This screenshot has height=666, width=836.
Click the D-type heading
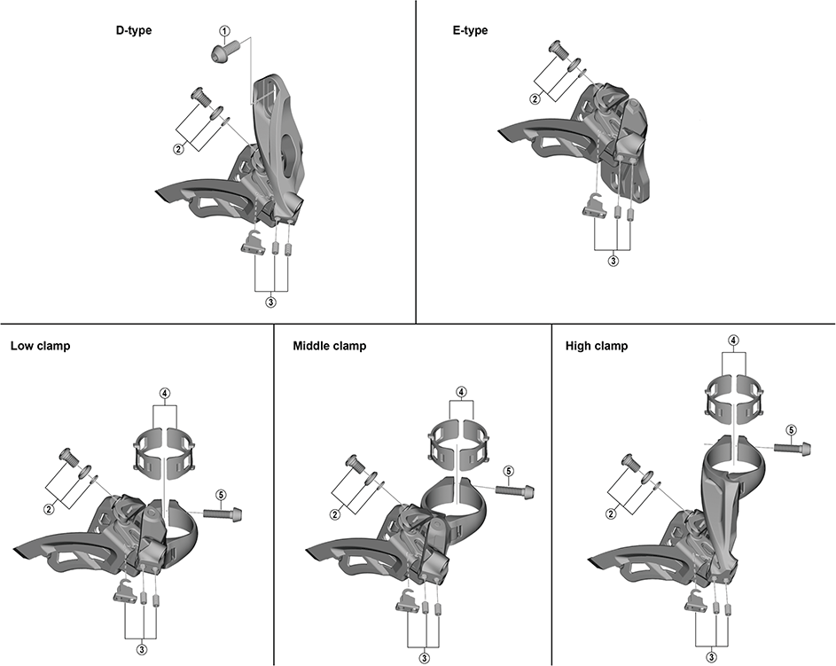point(134,30)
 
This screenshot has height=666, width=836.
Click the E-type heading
point(470,30)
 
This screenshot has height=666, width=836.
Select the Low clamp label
point(41,346)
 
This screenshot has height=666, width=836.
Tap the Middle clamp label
point(330,346)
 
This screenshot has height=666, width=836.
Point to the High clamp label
point(597,346)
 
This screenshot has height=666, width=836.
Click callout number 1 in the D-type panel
point(225,31)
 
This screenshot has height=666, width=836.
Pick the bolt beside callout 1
point(225,51)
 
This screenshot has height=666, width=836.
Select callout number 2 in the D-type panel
point(178,149)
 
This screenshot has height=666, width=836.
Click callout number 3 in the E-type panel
point(613,262)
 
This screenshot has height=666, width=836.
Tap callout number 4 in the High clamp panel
point(734,341)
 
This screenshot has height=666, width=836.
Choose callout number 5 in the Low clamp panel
point(222,495)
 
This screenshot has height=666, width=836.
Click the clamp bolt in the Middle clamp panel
point(514,490)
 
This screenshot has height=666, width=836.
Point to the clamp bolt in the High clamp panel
point(793,448)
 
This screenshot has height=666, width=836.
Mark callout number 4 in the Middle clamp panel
point(461,392)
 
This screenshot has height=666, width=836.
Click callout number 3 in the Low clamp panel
point(142,649)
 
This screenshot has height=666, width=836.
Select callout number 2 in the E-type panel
point(535,99)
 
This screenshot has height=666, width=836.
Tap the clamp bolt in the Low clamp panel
point(223,514)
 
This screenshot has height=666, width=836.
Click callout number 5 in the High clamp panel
point(791,430)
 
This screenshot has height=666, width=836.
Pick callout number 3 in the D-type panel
point(271,302)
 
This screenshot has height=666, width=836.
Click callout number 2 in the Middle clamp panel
point(335,514)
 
